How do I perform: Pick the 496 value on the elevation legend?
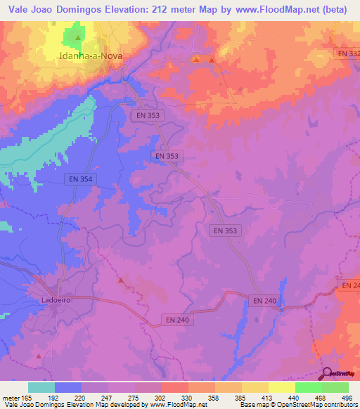347,396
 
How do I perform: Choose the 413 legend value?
269,396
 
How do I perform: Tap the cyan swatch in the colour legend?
41,387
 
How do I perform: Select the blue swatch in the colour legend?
68,387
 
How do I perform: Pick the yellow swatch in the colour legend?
255,387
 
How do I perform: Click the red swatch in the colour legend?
174,387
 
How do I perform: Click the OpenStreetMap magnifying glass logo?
327,373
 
